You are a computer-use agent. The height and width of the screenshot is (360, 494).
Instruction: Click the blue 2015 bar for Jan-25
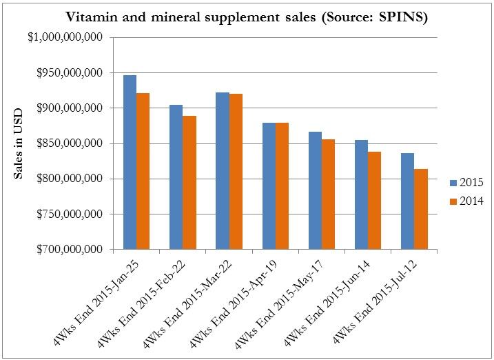coord(129,162)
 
